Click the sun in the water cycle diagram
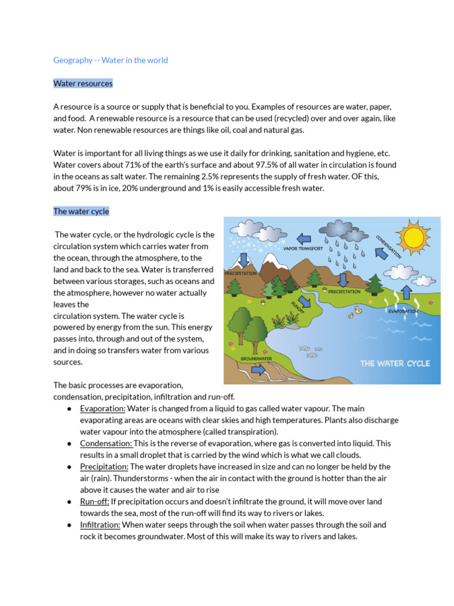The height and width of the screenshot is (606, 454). click(x=413, y=237)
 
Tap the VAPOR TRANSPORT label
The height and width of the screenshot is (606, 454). click(x=303, y=249)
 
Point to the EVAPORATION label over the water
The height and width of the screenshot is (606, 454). click(x=403, y=311)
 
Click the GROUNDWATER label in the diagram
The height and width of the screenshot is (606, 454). click(x=256, y=359)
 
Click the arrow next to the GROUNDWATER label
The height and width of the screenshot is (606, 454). click(x=258, y=370)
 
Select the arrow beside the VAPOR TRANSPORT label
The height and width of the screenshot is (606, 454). click(x=303, y=238)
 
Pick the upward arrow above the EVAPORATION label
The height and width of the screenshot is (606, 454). click(x=407, y=292)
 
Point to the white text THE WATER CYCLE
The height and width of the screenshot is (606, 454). click(x=395, y=363)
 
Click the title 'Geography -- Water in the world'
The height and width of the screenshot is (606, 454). click(x=111, y=60)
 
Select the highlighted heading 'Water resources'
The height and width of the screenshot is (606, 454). click(x=83, y=83)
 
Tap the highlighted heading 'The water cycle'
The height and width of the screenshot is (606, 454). click(x=81, y=211)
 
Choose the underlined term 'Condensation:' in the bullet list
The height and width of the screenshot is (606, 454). click(x=106, y=443)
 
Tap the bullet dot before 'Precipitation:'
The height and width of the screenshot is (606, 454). click(x=70, y=467)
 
